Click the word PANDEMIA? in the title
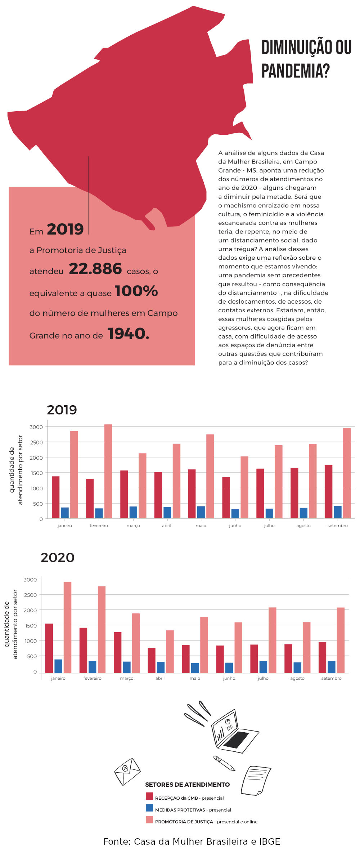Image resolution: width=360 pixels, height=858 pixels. tap(295, 70)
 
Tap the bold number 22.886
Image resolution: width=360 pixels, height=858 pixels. tap(95, 269)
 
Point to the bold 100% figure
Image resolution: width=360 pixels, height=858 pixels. tap(136, 291)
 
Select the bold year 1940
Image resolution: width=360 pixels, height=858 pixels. tap(128, 334)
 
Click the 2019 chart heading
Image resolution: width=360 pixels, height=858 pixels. tap(62, 410)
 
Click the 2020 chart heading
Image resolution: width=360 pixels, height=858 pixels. tap(58, 558)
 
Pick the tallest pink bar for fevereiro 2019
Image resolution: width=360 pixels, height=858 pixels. tap(108, 472)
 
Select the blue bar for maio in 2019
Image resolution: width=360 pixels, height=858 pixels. tap(201, 512)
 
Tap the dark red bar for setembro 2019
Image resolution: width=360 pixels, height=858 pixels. tap(328, 492)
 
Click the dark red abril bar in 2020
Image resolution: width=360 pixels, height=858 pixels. tap(152, 660)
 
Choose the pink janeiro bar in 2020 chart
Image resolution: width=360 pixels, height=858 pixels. tap(67, 627)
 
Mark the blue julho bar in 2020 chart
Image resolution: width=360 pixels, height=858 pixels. tap(263, 667)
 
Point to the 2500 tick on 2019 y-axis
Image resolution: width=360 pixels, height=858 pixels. tap(36, 442)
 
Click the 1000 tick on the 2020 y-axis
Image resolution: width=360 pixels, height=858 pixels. tap(30, 641)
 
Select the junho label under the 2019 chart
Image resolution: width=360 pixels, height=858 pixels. tap(235, 526)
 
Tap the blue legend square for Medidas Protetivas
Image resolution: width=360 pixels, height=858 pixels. tap(149, 808)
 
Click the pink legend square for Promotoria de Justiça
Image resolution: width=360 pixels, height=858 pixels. tap(149, 819)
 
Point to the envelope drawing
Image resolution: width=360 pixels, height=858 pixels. tap(127, 772)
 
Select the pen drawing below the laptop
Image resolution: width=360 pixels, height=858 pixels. tap(224, 763)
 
